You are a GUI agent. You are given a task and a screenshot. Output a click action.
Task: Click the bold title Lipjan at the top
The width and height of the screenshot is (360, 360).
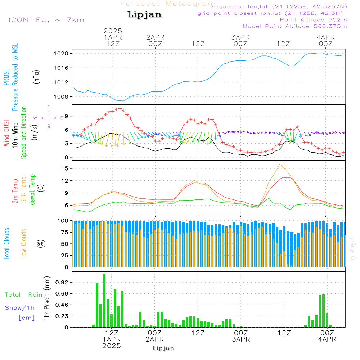144,14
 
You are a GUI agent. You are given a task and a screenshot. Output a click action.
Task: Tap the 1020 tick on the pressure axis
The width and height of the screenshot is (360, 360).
61,54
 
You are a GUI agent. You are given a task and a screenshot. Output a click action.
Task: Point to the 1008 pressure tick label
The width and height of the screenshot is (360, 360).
61,96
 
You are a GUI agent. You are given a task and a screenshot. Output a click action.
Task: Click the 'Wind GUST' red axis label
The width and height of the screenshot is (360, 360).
6,132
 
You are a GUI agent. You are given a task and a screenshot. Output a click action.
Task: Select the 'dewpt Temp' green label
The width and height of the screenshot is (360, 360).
32,189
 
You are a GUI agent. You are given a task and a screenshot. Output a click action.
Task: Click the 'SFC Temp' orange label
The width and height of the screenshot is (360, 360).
24,190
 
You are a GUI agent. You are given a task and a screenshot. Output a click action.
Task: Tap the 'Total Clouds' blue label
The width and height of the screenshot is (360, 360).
6,244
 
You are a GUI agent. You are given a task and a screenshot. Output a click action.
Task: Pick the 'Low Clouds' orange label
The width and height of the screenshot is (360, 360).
24,244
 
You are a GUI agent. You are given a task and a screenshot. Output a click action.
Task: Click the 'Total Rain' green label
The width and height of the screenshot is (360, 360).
23,294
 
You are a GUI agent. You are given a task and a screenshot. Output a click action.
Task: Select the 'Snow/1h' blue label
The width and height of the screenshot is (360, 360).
20,308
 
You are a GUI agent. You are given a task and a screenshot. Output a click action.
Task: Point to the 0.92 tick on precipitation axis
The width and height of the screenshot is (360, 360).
62,282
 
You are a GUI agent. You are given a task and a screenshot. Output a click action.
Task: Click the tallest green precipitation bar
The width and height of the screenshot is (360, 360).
104,301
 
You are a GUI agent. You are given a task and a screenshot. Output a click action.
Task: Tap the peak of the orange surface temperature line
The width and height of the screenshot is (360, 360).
279,165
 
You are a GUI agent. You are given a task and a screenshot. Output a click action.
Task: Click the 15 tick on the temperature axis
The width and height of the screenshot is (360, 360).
65,168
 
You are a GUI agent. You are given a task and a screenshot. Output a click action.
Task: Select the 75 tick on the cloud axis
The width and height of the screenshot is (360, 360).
65,232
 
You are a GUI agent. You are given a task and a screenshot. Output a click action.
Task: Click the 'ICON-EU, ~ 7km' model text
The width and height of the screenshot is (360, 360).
46,20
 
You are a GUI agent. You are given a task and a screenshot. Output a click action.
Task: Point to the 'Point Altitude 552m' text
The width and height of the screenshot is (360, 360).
314,20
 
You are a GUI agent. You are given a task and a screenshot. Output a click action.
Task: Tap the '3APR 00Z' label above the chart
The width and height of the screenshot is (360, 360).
240,40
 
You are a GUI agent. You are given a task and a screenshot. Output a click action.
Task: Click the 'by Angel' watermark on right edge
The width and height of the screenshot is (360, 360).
352,249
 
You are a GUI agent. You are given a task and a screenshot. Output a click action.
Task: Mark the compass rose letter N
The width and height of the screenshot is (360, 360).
49,107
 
